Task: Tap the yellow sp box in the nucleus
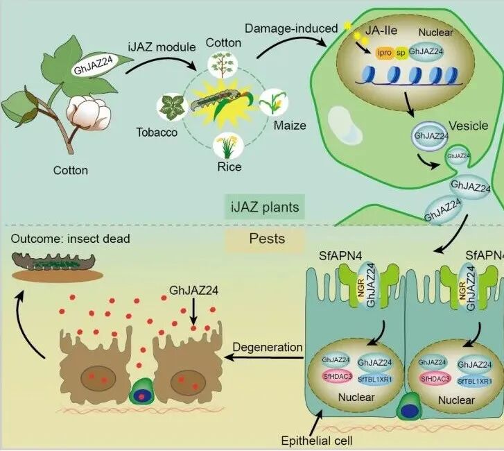[400, 52]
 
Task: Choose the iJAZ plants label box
[264, 206]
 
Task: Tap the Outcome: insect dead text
[71, 239]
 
